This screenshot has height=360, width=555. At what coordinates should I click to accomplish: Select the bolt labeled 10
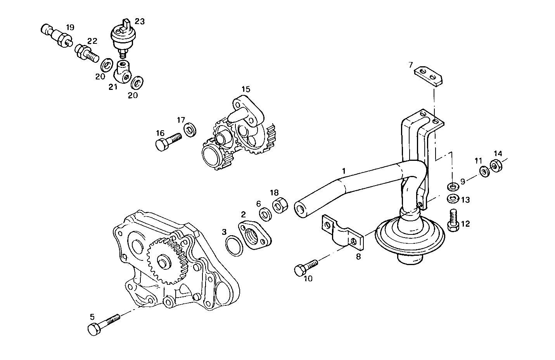coord(306,267)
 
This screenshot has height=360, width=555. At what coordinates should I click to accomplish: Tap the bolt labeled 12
coord(453,221)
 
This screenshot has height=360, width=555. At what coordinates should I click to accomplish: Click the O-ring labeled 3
coord(234,246)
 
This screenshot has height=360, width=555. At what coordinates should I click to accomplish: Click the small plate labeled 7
coord(429,75)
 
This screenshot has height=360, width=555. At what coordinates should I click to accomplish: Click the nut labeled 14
coord(495,165)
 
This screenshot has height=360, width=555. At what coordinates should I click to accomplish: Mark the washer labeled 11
coord(484,171)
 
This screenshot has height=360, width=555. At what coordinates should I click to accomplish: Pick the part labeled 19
coord(55,35)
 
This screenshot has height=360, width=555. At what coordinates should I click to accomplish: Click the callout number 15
coord(246,90)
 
